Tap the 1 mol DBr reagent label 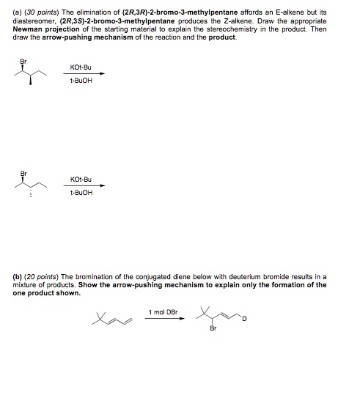(x=162, y=311)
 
